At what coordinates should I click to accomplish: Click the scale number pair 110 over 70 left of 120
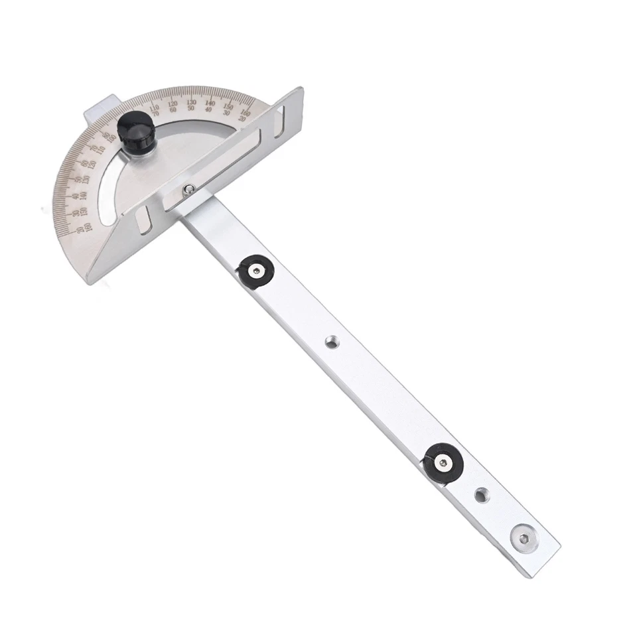pos(155,110)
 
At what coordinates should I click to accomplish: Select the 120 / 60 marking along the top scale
pos(173,106)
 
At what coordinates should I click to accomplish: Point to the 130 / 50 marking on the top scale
pos(191,105)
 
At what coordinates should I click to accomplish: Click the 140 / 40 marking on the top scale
pos(210,106)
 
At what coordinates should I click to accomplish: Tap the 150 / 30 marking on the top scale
pos(228,109)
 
